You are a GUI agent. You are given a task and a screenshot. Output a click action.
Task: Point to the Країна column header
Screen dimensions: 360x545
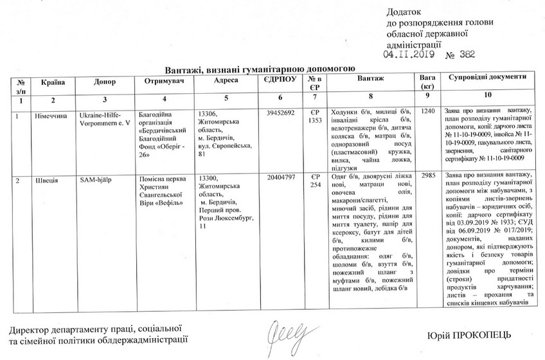tap(53, 82)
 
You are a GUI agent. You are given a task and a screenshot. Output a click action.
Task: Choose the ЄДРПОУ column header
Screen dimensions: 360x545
tap(279, 78)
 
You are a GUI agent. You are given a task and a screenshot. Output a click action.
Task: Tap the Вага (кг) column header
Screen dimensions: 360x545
tap(425, 82)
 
